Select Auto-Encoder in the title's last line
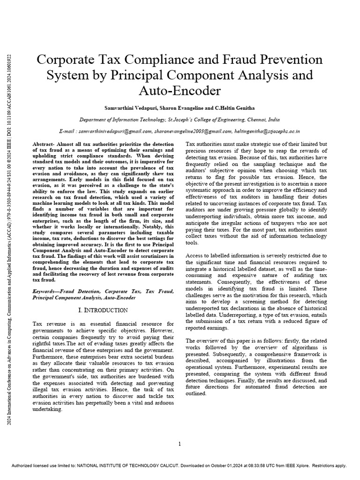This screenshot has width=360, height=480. (x=180, y=90)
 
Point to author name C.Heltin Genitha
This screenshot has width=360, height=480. (x=237, y=107)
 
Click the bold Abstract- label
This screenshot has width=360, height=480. (x=46, y=143)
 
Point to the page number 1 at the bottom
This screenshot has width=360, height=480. (x=180, y=444)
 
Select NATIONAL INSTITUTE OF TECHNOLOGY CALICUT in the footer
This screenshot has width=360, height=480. (x=132, y=465)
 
